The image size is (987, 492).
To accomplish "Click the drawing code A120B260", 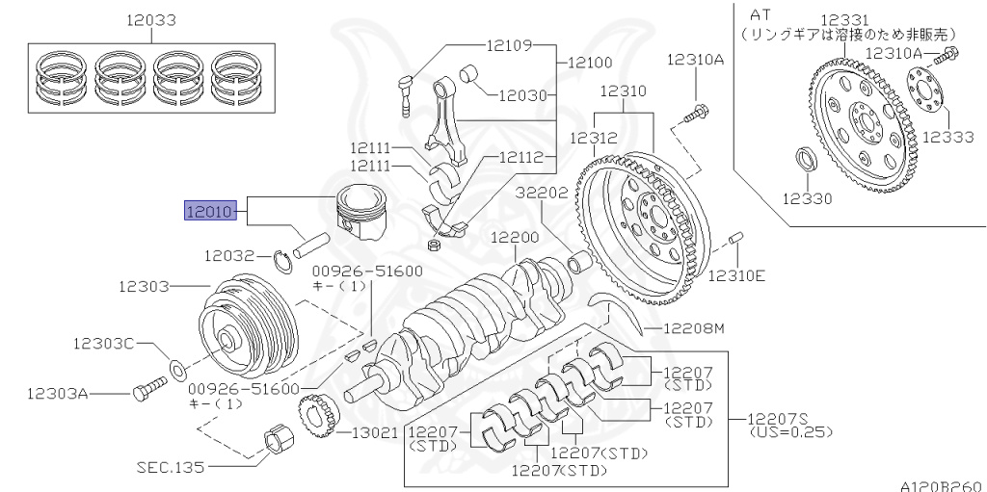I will pyautogui.click(x=941, y=484).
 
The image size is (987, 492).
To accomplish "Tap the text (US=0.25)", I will pyautogui.click(x=790, y=432).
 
